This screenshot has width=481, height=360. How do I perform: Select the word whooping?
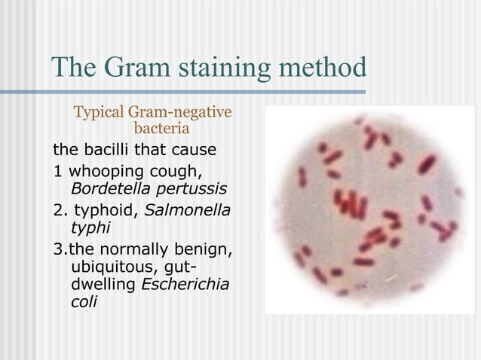pyautogui.click(x=103, y=169)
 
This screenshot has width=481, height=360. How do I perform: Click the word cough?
pyautogui.click(x=181, y=169)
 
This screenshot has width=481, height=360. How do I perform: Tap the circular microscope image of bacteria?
pyautogui.click(x=367, y=209)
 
